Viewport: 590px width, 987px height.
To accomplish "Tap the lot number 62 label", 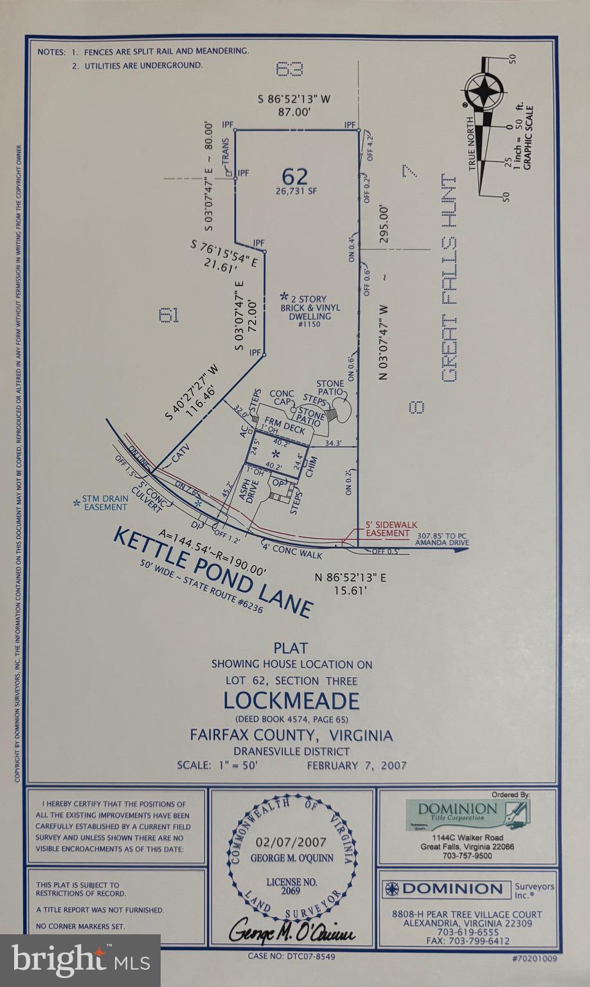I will coord(295,176).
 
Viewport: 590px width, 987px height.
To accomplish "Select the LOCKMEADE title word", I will coord(291,699).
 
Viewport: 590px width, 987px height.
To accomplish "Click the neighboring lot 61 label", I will coord(168,315).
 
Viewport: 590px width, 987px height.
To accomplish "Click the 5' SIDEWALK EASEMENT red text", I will coord(387,529).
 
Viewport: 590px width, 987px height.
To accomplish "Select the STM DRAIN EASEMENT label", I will coord(105,502).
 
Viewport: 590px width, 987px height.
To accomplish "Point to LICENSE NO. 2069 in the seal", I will coord(292,887).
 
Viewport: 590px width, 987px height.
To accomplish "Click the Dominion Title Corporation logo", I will coord(466,812).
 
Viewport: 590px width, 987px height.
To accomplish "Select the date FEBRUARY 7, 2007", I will coord(357,765).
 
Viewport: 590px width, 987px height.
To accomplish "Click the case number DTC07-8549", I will coord(291,956).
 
